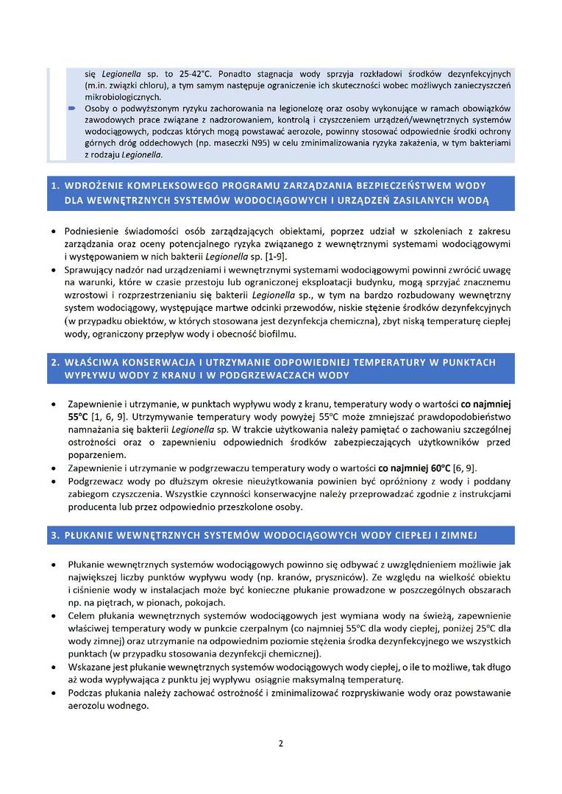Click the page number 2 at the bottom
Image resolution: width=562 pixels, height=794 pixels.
click(x=280, y=743)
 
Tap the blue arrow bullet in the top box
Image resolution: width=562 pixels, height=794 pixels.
click(x=71, y=108)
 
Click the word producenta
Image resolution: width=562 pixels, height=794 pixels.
click(x=91, y=507)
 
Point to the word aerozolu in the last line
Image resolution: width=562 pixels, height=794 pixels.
click(x=90, y=707)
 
